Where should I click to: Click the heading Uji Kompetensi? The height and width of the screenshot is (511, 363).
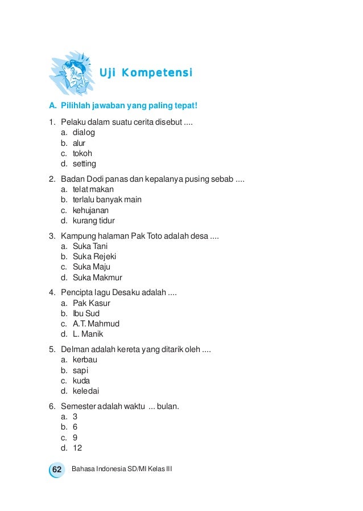(x=146, y=73)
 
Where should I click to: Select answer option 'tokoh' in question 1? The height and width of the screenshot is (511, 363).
(x=82, y=153)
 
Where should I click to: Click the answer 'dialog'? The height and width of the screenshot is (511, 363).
(x=84, y=132)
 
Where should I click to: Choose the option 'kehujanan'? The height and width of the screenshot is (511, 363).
(x=90, y=210)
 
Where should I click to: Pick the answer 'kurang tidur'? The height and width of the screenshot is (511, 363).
(x=94, y=220)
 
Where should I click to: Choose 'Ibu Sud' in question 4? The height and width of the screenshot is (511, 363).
(x=86, y=313)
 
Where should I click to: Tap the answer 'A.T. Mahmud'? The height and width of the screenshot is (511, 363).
(x=96, y=324)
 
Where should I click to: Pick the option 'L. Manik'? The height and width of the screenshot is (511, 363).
(x=88, y=334)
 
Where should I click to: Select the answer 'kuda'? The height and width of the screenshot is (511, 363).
(x=81, y=381)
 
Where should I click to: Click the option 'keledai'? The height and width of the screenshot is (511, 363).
(x=85, y=391)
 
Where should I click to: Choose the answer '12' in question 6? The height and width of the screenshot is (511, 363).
(x=77, y=448)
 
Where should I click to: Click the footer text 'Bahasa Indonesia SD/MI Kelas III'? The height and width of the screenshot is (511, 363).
(x=122, y=469)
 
